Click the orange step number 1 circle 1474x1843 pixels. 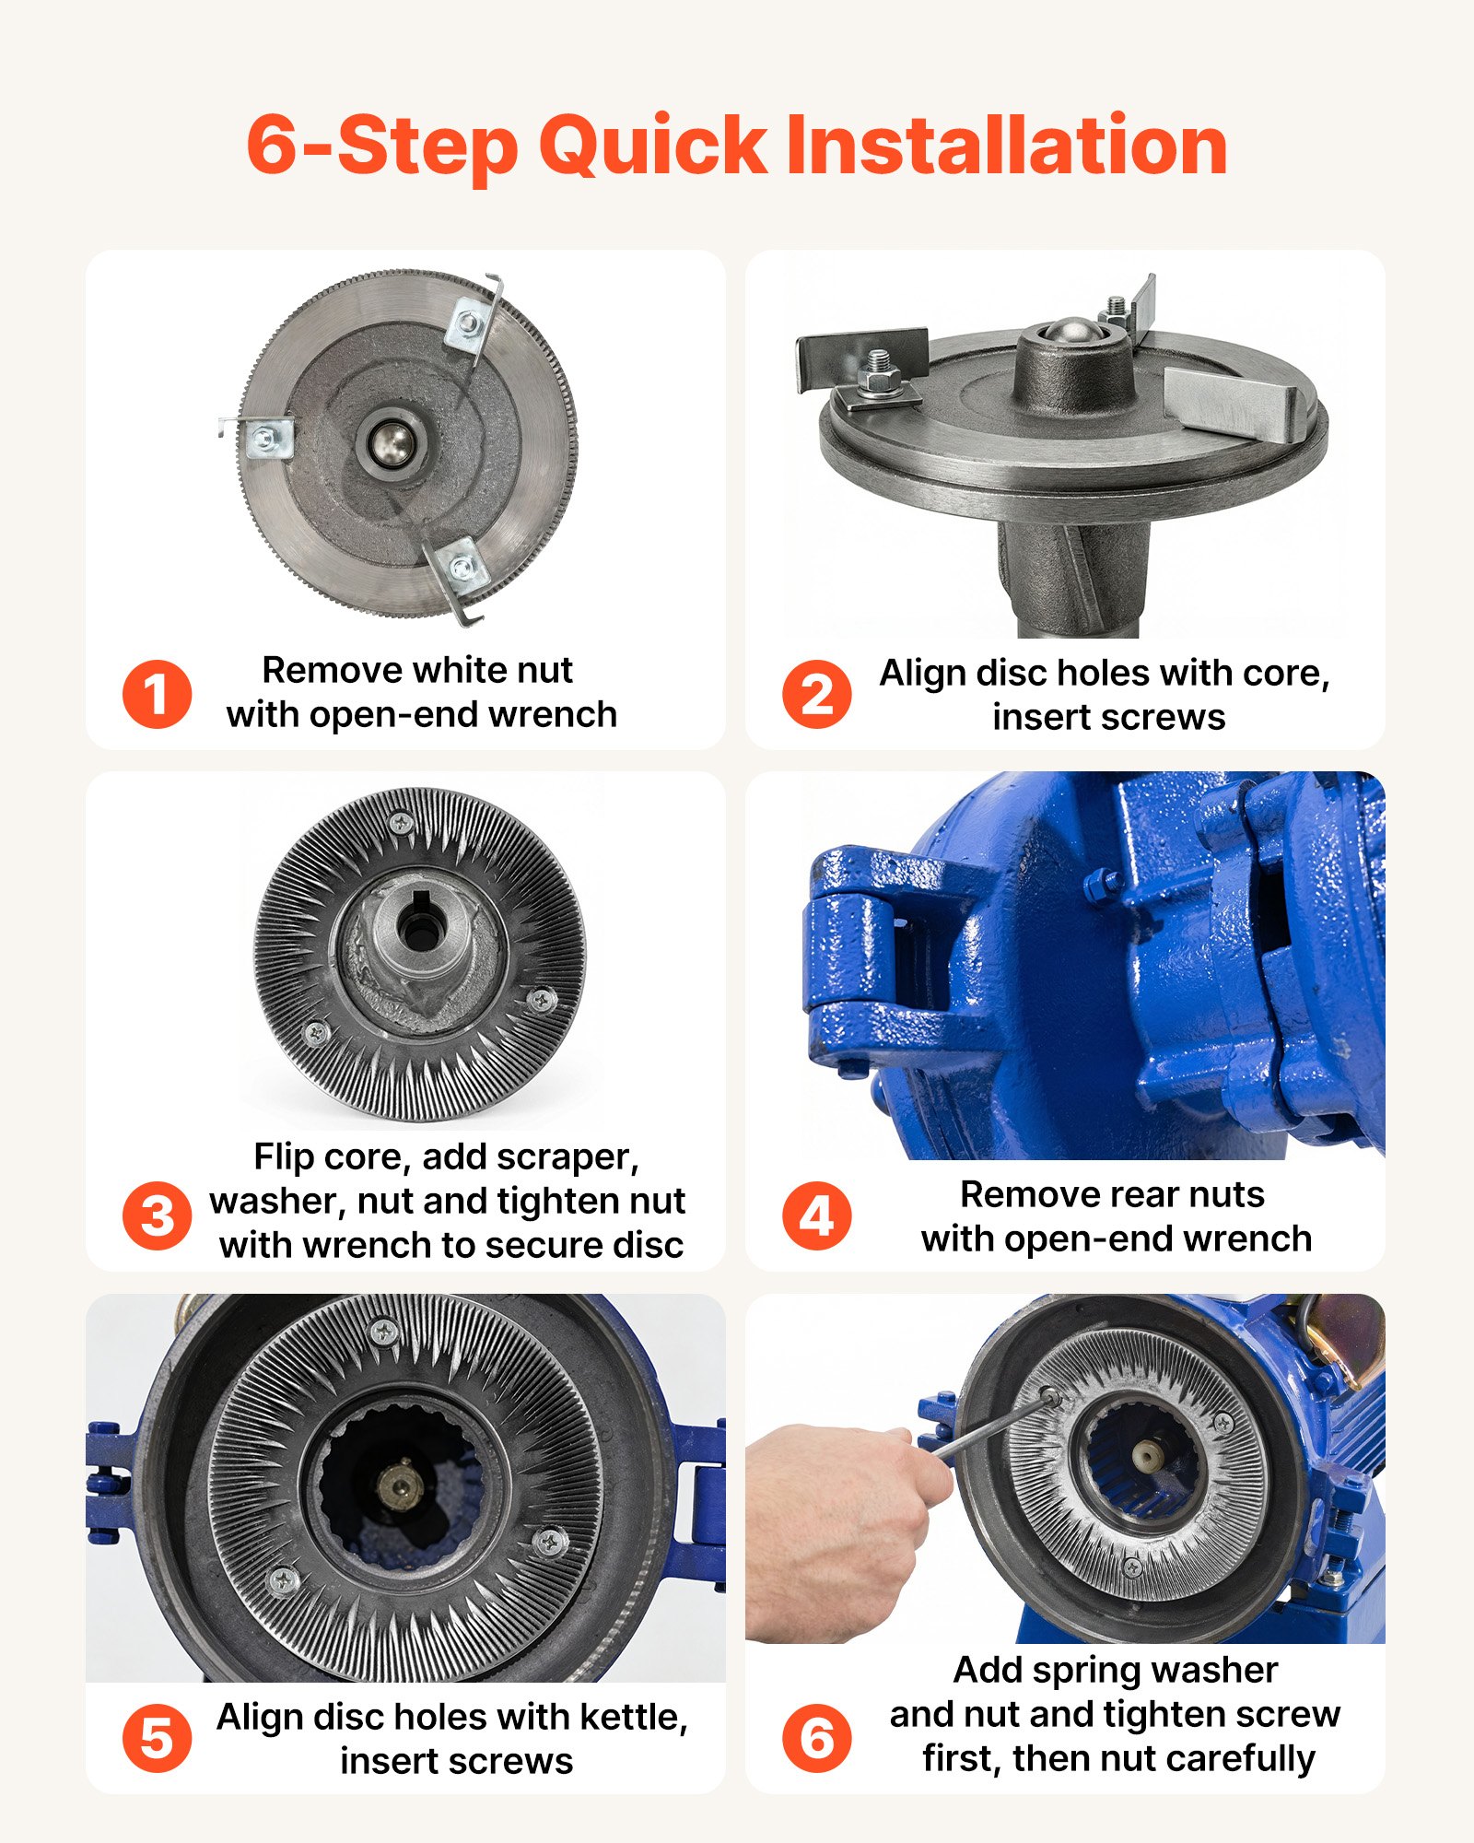tap(157, 694)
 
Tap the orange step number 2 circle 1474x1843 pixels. tap(816, 694)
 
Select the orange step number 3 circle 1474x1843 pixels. tap(157, 1215)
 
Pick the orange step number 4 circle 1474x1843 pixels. tap(816, 1215)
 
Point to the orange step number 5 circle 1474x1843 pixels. tap(157, 1738)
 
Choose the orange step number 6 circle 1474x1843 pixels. tap(816, 1738)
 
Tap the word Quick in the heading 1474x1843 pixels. tap(652, 146)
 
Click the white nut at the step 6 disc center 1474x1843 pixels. tap(1148, 1455)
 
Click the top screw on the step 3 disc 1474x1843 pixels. tap(401, 821)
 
